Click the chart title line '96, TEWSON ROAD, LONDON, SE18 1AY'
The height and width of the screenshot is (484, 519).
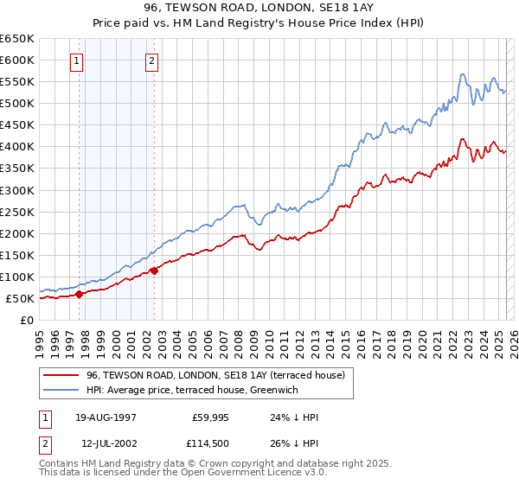[x=259, y=8]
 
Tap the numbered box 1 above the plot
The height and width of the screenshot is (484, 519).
[x=78, y=61]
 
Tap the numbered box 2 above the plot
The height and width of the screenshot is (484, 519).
[x=152, y=61]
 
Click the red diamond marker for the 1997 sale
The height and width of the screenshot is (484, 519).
[x=79, y=294]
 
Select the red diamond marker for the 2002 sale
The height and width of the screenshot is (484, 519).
[x=154, y=271]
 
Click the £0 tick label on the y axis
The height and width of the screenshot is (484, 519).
[x=28, y=320]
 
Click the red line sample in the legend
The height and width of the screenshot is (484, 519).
[x=62, y=375]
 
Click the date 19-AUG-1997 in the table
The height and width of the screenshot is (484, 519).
[x=106, y=417]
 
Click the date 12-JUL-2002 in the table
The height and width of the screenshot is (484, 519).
[x=106, y=444]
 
